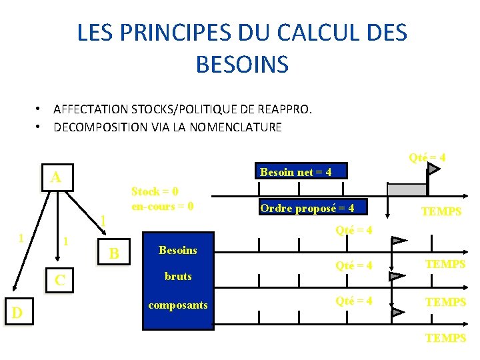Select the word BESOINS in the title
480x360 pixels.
pos(242,64)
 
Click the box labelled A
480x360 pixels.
pos(57,177)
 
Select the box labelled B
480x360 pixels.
pos(114,253)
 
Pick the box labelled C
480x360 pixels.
pos(59,280)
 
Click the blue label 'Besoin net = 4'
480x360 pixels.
pos(295,173)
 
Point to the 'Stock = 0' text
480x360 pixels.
pos(155,192)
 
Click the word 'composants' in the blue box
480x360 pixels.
pos(178,305)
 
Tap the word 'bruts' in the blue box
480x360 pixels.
pos(178,276)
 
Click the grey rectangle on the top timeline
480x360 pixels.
pos(407,189)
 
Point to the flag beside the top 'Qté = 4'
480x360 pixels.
pos(433,171)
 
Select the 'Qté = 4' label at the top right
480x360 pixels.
pos(427,157)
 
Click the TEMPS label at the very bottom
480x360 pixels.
pos(445,338)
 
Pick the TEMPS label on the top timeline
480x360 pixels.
pos(441,211)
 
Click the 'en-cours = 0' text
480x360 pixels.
pos(163,206)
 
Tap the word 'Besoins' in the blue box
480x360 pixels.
pos(177,250)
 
